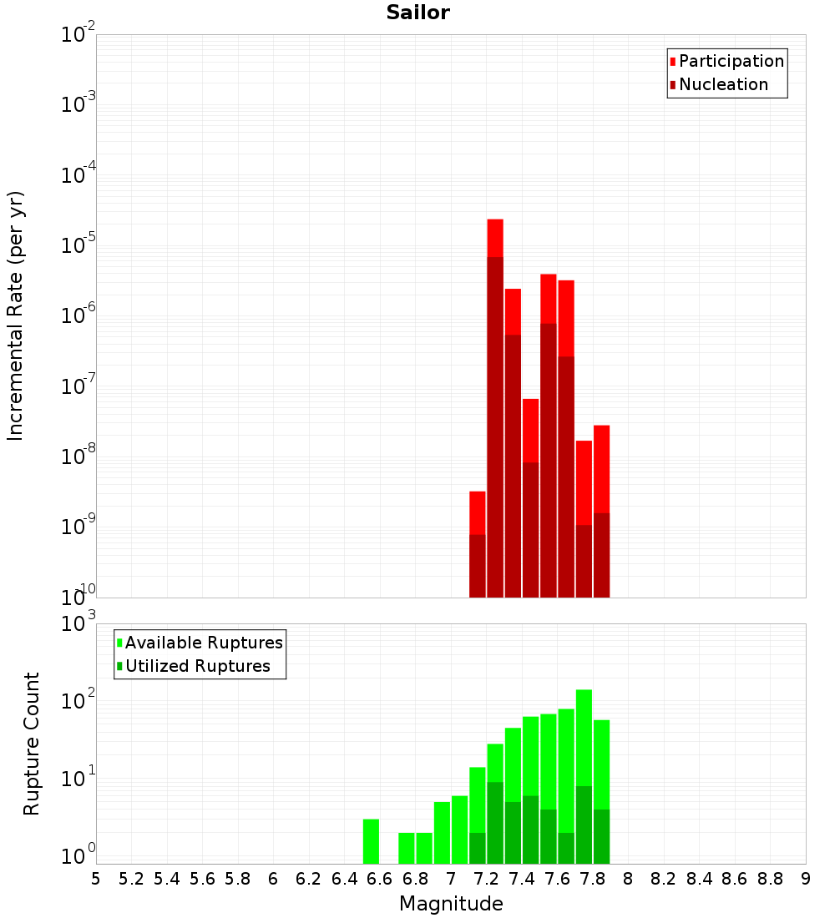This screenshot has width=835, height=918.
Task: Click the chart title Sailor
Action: pos(417,13)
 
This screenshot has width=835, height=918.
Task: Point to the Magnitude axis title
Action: pos(451,904)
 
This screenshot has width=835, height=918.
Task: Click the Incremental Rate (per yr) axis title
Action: pos(16,316)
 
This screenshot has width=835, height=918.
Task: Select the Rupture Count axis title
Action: pos(32,744)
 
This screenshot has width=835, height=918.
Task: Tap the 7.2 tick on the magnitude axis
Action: pos(486,878)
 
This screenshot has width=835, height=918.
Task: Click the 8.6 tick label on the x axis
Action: pos(735,878)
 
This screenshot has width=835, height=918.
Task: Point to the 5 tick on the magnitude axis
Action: pos(96,878)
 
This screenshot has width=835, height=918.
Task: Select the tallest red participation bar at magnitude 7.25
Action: pos(495,238)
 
